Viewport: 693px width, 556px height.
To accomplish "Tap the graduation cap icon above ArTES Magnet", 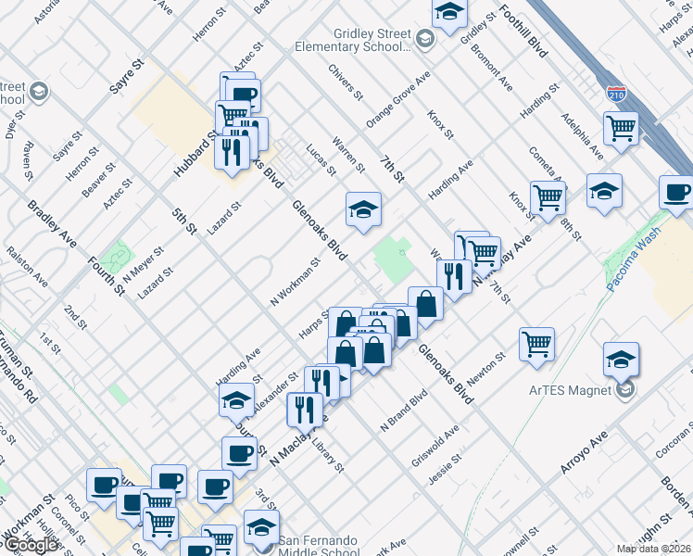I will click(x=621, y=359).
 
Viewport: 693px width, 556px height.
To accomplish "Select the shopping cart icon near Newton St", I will click(x=536, y=344).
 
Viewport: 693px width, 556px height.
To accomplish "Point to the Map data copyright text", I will click(x=654, y=549).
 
